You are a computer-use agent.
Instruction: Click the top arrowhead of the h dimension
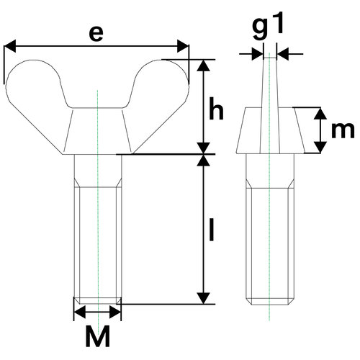(205, 66)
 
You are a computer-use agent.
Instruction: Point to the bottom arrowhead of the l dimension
(205, 297)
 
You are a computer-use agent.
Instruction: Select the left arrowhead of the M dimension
(79, 312)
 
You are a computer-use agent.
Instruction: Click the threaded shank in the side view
(269, 238)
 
